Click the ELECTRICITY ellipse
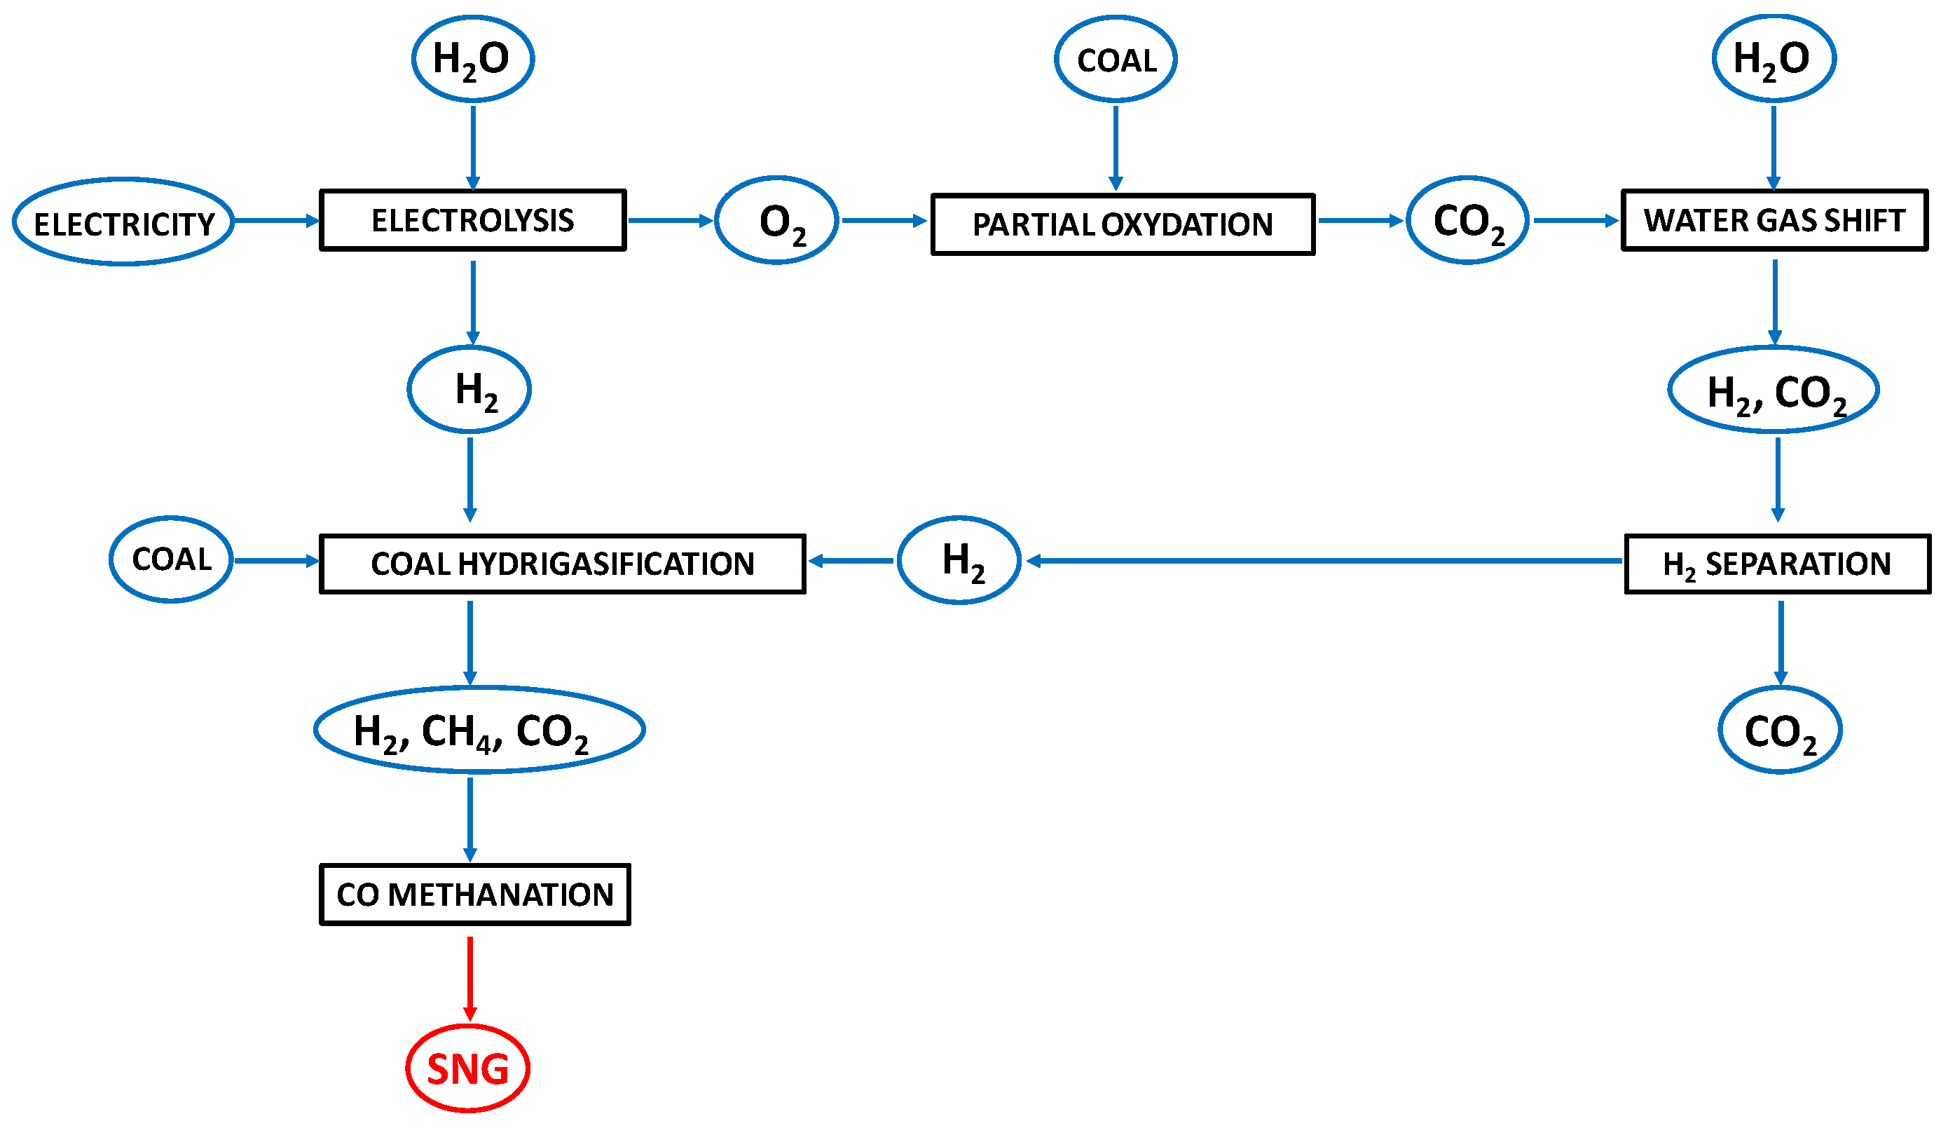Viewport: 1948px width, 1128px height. (124, 222)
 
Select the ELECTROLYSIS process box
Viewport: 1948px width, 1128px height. (472, 220)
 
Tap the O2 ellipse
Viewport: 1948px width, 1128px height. (776, 220)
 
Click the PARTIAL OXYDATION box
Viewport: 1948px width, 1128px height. (1123, 224)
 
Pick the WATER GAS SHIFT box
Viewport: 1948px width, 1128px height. (1774, 220)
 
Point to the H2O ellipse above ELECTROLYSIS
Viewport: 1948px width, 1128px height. (472, 59)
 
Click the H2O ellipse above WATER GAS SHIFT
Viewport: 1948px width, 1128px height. (1774, 59)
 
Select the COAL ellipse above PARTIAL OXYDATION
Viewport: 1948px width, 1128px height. (1116, 59)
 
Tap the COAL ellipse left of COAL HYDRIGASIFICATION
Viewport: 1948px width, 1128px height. (171, 559)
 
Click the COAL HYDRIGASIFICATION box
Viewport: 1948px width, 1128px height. (562, 564)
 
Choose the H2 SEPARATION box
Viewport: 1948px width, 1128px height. (1777, 564)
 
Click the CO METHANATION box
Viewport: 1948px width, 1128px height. (474, 895)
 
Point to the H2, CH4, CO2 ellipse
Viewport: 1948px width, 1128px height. (479, 729)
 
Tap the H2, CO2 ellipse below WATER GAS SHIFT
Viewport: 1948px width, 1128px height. (1774, 390)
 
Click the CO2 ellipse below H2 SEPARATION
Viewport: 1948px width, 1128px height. (1781, 730)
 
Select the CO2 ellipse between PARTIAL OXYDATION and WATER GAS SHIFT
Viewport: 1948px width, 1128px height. (1467, 220)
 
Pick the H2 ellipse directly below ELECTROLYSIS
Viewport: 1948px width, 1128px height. (469, 390)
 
